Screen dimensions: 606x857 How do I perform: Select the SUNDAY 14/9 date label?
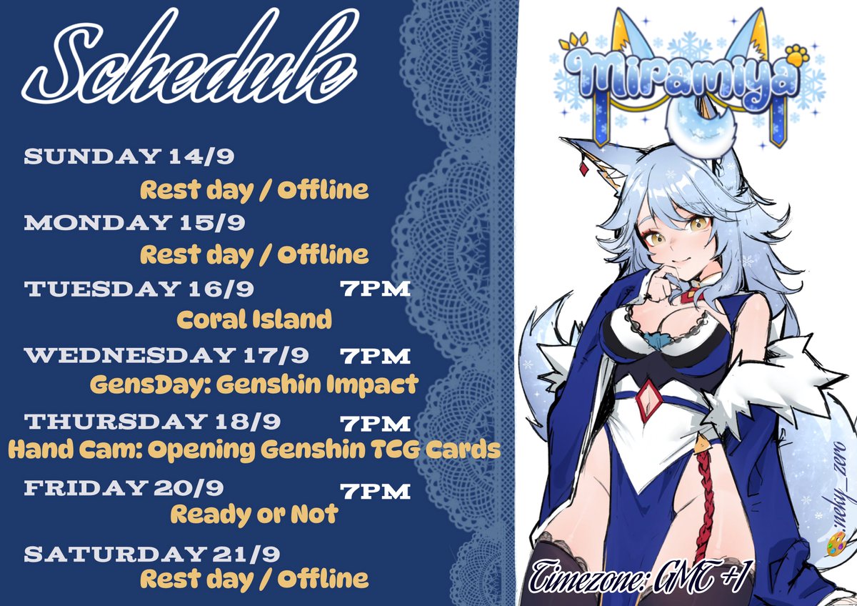pyautogui.click(x=134, y=157)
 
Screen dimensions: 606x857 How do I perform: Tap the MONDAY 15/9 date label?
pyautogui.click(x=135, y=222)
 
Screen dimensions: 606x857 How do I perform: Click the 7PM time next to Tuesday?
pyautogui.click(x=375, y=289)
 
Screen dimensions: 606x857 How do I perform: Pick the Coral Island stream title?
pyautogui.click(x=254, y=319)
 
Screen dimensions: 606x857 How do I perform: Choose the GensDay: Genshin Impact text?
pyautogui.click(x=254, y=385)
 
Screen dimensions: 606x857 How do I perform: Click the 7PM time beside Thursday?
pyautogui.click(x=375, y=423)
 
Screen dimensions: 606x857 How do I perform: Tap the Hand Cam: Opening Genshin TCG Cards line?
pyautogui.click(x=254, y=449)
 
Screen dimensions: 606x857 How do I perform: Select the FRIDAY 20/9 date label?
pyautogui.click(x=124, y=488)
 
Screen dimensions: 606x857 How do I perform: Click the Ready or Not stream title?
pyautogui.click(x=254, y=514)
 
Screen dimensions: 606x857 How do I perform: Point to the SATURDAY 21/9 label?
pyautogui.click(x=152, y=554)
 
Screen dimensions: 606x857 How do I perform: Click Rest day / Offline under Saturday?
pyautogui.click(x=254, y=577)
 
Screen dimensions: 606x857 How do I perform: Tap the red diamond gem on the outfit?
pyautogui.click(x=649, y=401)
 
